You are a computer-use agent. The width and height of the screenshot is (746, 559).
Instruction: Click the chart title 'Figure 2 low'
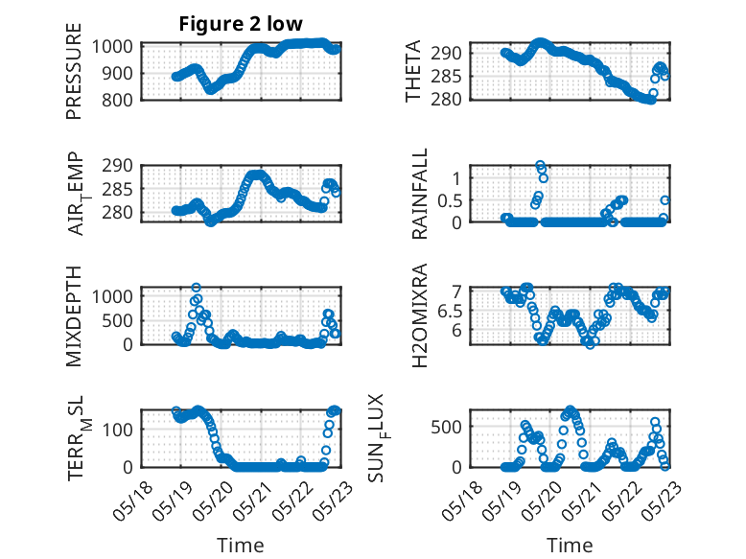click(241, 24)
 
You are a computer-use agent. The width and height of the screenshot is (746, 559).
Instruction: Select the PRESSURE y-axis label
click(74, 71)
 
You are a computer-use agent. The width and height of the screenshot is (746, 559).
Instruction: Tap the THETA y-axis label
click(413, 71)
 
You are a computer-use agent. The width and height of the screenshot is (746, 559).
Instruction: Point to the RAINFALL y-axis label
click(420, 194)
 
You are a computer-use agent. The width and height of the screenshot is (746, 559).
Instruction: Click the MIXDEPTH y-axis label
click(74, 316)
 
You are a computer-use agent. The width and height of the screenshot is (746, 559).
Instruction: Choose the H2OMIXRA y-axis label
click(420, 315)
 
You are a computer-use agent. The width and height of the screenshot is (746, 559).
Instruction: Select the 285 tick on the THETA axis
click(446, 76)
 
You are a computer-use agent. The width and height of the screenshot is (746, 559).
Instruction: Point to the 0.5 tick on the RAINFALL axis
click(450, 200)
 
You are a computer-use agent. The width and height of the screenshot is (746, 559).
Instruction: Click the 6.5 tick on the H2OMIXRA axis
click(450, 312)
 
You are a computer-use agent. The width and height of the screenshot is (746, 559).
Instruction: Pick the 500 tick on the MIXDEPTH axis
click(119, 320)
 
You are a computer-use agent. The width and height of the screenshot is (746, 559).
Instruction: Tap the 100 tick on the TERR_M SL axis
click(119, 430)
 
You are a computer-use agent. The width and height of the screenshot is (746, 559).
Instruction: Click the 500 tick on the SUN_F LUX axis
click(446, 427)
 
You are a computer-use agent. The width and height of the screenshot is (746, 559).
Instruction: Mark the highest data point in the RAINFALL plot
click(540, 166)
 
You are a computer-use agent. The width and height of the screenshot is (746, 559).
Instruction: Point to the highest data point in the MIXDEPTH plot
click(196, 288)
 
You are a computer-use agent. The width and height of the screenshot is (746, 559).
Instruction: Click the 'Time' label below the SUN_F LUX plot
click(570, 545)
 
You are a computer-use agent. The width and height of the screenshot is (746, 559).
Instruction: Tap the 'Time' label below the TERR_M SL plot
click(241, 545)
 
